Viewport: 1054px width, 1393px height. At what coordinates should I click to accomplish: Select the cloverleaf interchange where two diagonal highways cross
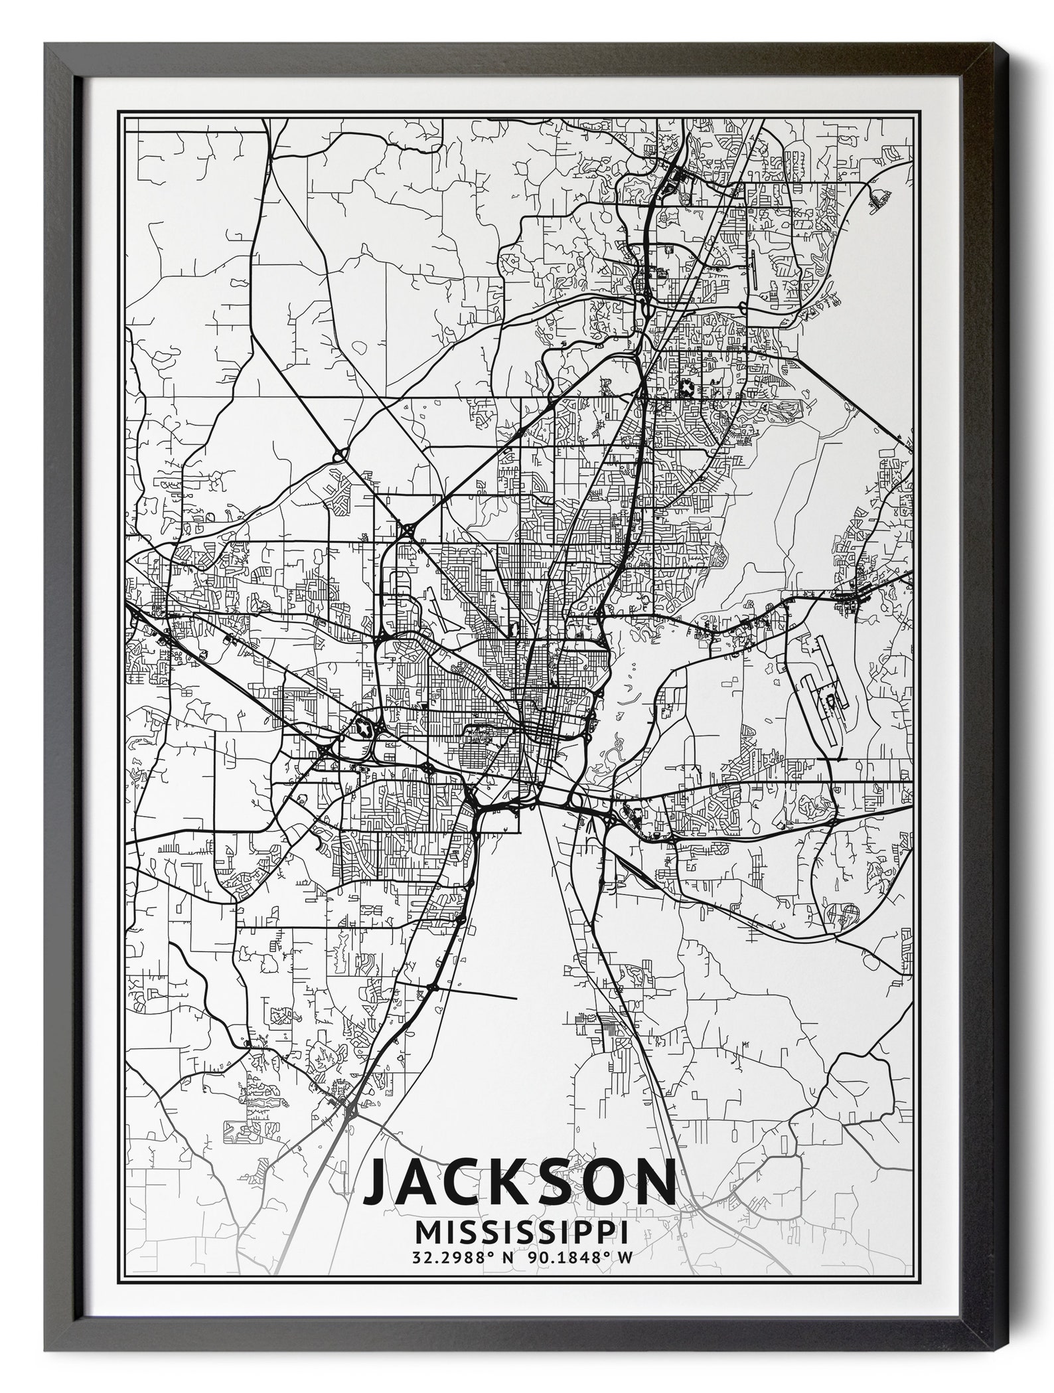point(406,531)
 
